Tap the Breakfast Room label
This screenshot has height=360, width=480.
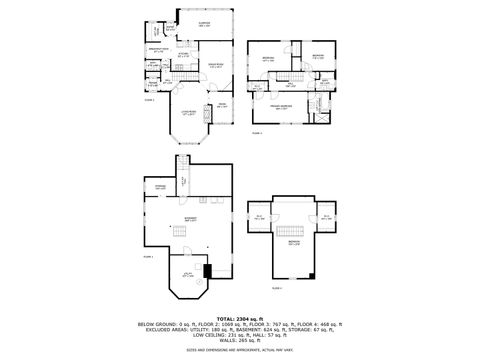pyautogui.click(x=158, y=50)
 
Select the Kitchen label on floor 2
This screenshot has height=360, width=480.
pyautogui.click(x=184, y=54)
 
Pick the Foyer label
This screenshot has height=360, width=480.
pyautogui.click(x=222, y=103)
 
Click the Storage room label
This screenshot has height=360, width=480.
pyautogui.click(x=160, y=187)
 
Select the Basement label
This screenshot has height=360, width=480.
pyautogui.click(x=190, y=218)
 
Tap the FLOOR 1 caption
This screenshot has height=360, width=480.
pyautogui.click(x=146, y=256)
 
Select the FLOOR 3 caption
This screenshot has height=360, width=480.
pyautogui.click(x=257, y=131)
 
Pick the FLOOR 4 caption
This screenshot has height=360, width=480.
pyautogui.click(x=277, y=288)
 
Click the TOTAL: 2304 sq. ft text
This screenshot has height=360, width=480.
pyautogui.click(x=240, y=317)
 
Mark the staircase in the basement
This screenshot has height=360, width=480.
pyautogui.click(x=180, y=233)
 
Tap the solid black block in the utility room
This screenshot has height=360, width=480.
pyautogui.click(x=208, y=270)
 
